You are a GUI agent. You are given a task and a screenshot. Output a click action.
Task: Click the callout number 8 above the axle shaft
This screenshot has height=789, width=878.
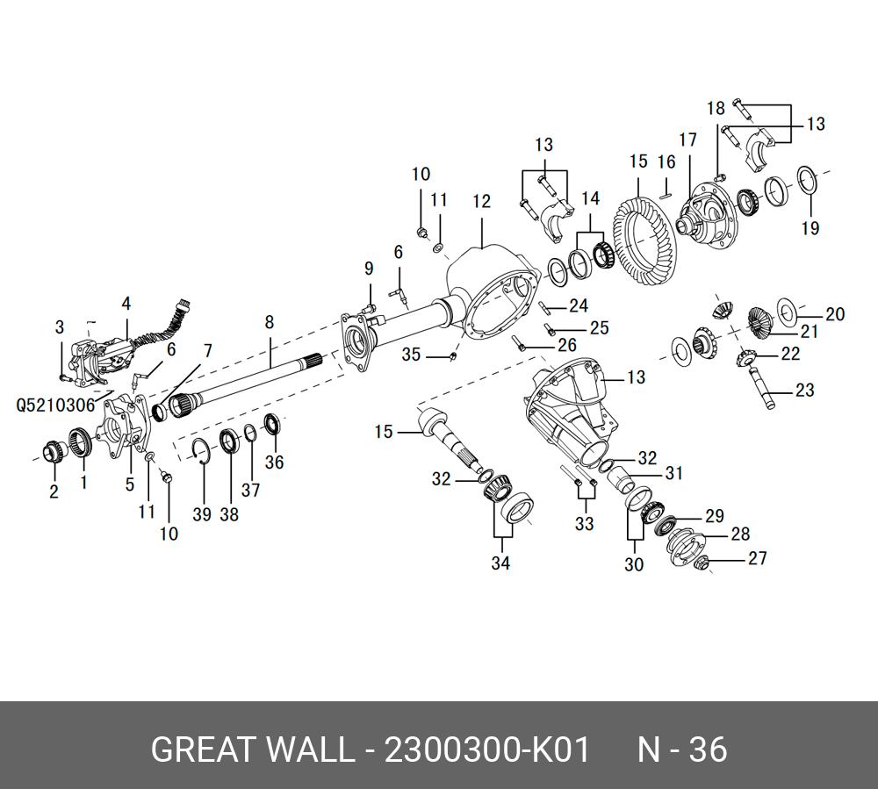click(x=270, y=321)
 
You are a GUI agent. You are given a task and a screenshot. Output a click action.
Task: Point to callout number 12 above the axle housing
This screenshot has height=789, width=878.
click(x=481, y=202)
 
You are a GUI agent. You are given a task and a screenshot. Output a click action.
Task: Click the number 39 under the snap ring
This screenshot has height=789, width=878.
click(x=202, y=515)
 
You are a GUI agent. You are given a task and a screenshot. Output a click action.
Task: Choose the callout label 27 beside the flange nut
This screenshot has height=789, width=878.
click(x=757, y=558)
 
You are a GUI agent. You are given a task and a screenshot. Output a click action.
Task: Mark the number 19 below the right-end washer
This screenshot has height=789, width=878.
click(x=810, y=229)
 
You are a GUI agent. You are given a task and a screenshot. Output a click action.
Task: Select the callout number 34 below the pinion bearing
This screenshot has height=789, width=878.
click(x=500, y=563)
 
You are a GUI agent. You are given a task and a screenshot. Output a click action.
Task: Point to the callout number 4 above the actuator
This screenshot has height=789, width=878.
click(x=126, y=304)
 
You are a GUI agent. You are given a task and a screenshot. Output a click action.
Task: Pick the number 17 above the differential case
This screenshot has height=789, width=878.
click(x=687, y=140)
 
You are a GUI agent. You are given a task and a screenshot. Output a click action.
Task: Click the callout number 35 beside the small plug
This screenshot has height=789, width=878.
click(x=412, y=355)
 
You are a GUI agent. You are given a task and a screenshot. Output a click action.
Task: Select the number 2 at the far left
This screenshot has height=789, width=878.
click(x=54, y=492)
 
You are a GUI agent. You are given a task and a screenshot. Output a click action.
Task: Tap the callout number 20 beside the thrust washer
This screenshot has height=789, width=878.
click(x=834, y=314)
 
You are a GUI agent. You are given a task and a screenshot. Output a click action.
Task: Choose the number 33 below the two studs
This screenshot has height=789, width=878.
click(x=584, y=524)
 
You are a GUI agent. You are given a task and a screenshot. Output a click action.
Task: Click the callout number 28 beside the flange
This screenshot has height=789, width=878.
click(x=740, y=534)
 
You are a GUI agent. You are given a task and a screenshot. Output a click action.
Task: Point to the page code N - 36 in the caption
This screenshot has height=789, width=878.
click(x=682, y=750)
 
